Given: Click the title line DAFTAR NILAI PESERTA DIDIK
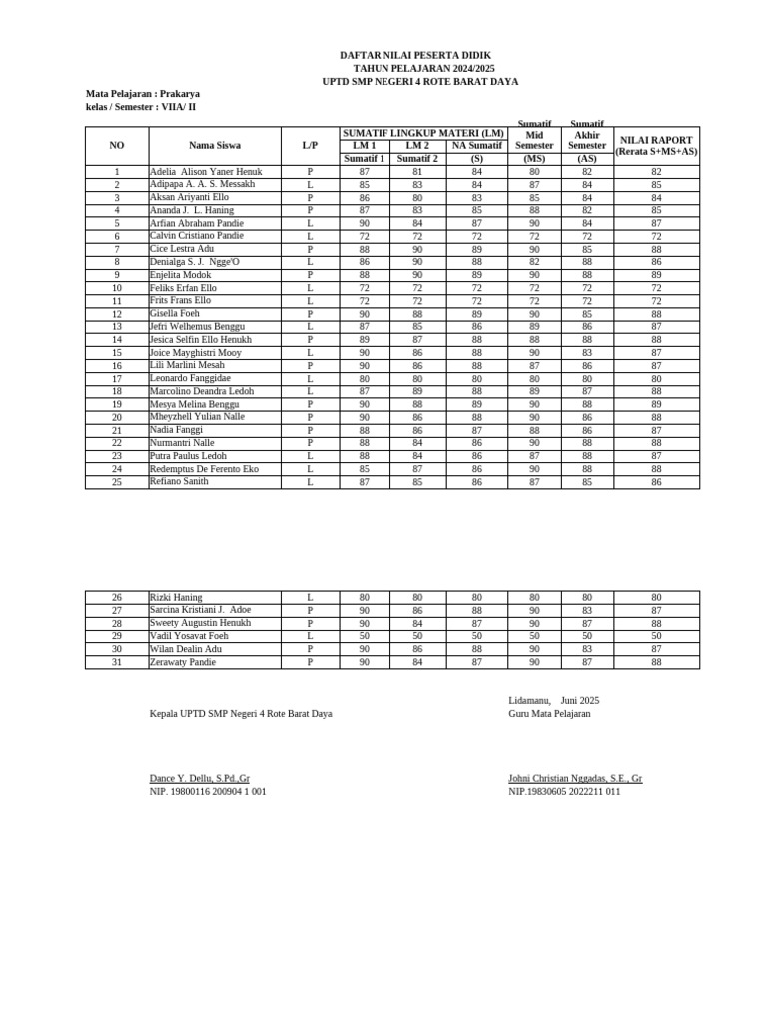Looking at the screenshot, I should (415, 56).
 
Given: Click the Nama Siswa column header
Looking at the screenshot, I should (214, 146).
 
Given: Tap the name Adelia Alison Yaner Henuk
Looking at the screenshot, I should (206, 172).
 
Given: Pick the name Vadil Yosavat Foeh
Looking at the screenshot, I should (189, 636).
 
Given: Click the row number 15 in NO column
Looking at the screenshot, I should (117, 353).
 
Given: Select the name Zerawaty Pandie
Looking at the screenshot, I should (183, 662).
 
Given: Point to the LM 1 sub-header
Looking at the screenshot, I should (365, 146).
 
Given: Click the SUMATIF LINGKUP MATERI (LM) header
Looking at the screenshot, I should (423, 133).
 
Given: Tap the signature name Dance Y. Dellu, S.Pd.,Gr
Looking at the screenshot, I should (200, 778).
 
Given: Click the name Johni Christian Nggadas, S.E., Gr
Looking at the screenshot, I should (575, 778).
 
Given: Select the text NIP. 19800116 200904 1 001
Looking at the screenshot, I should (208, 792).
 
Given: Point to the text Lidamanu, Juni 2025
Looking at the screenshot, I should (554, 701).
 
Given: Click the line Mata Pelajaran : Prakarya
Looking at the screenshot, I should (143, 94).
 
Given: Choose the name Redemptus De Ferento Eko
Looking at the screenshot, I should (204, 469).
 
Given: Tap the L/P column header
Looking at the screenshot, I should (310, 146).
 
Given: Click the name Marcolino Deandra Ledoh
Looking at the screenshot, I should (202, 391).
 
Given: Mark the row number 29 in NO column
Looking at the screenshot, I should (117, 636).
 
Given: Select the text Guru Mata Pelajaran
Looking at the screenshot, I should (549, 714).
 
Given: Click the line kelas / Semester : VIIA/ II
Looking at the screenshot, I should (141, 107).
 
